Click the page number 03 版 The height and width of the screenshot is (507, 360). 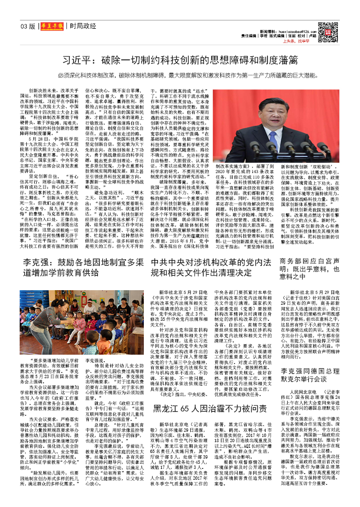[28, 26]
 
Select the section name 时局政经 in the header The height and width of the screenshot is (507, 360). [83, 26]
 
